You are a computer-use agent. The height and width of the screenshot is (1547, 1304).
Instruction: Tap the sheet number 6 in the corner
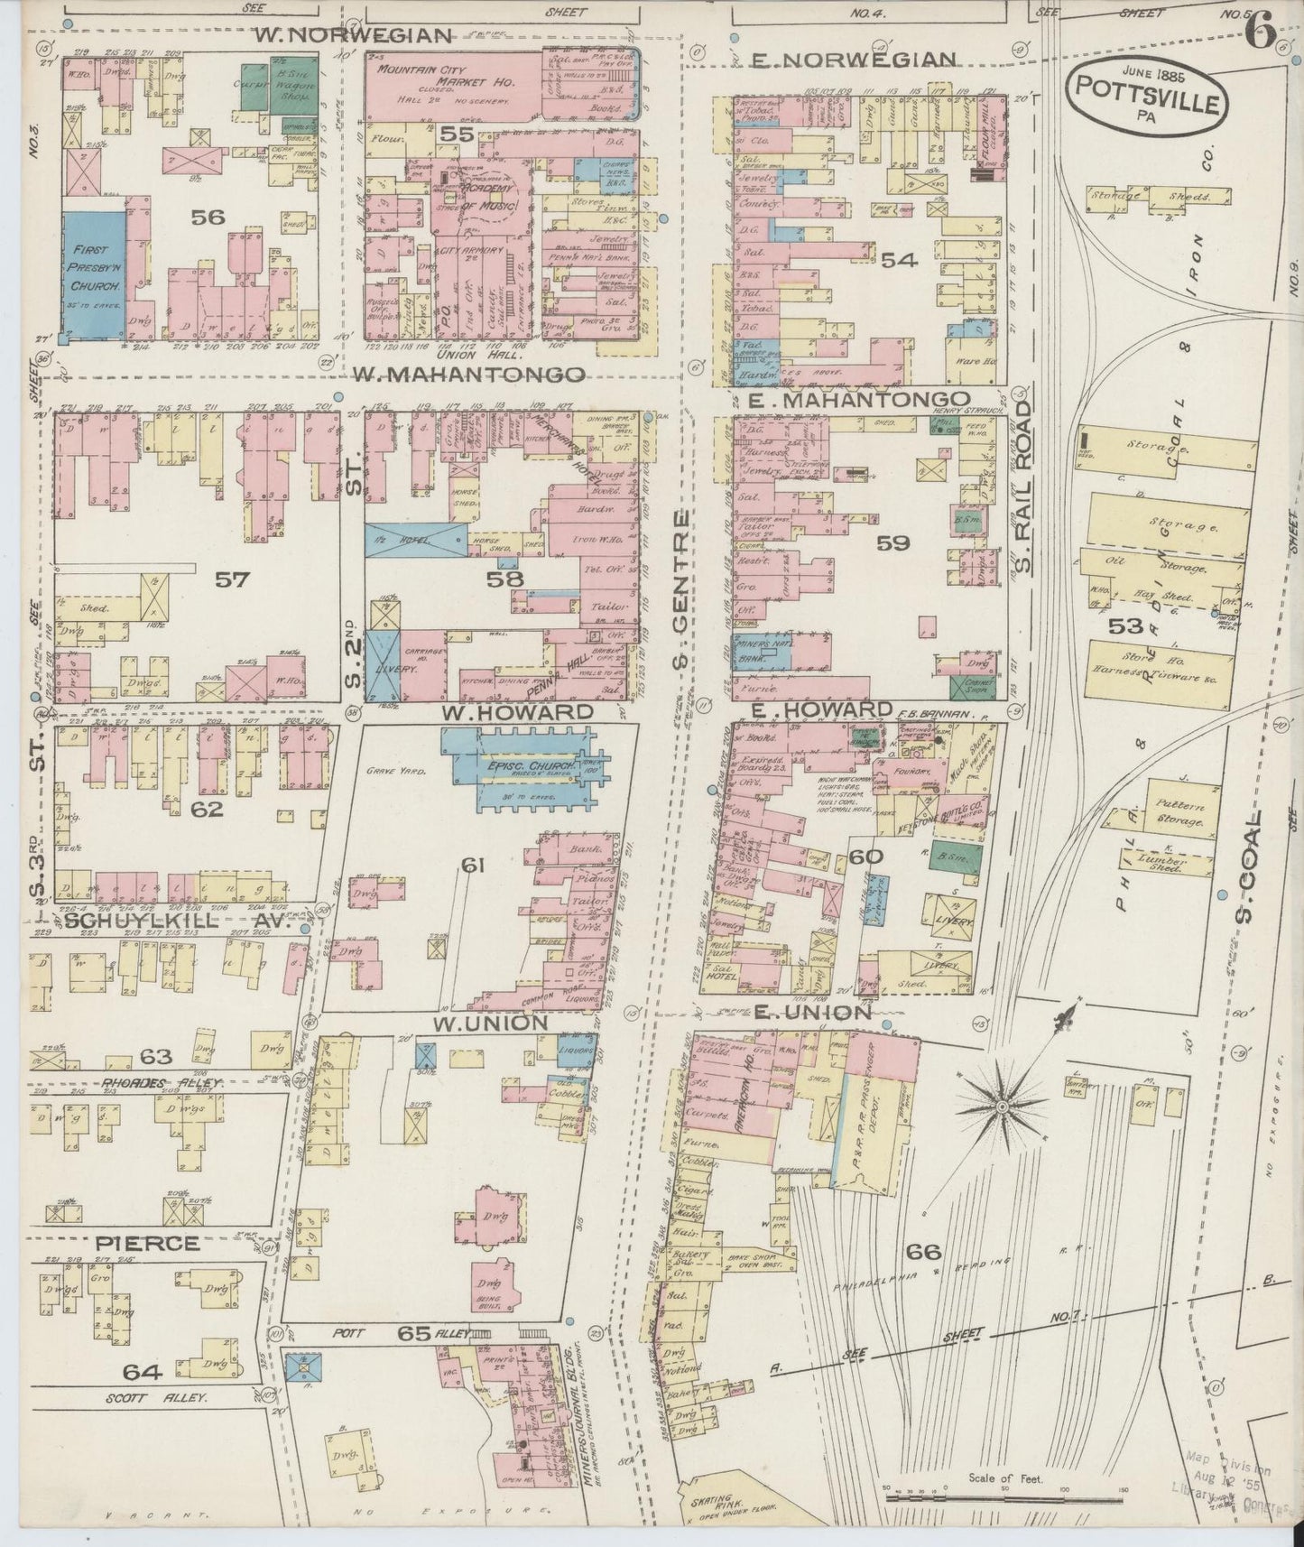coord(1260,34)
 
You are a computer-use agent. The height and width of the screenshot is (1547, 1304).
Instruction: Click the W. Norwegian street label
coord(352,36)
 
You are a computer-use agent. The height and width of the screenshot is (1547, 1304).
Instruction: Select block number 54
coord(899,260)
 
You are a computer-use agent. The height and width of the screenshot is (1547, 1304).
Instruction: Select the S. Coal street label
coord(1249,872)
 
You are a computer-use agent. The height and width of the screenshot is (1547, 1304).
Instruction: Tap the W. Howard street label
coord(518,712)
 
